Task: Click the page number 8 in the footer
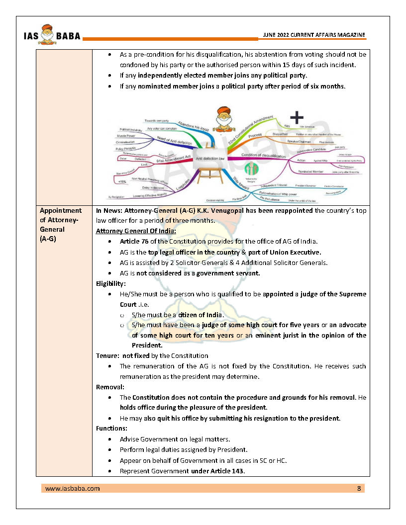pos(359,488)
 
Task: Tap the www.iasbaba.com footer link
pos(72,488)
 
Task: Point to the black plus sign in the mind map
pos(297,118)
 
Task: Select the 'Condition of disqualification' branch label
pos(264,156)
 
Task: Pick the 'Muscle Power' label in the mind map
pos(126,135)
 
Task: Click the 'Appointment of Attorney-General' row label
pos(60,225)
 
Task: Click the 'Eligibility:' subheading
pos(111,283)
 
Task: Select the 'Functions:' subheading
pos(111,428)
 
